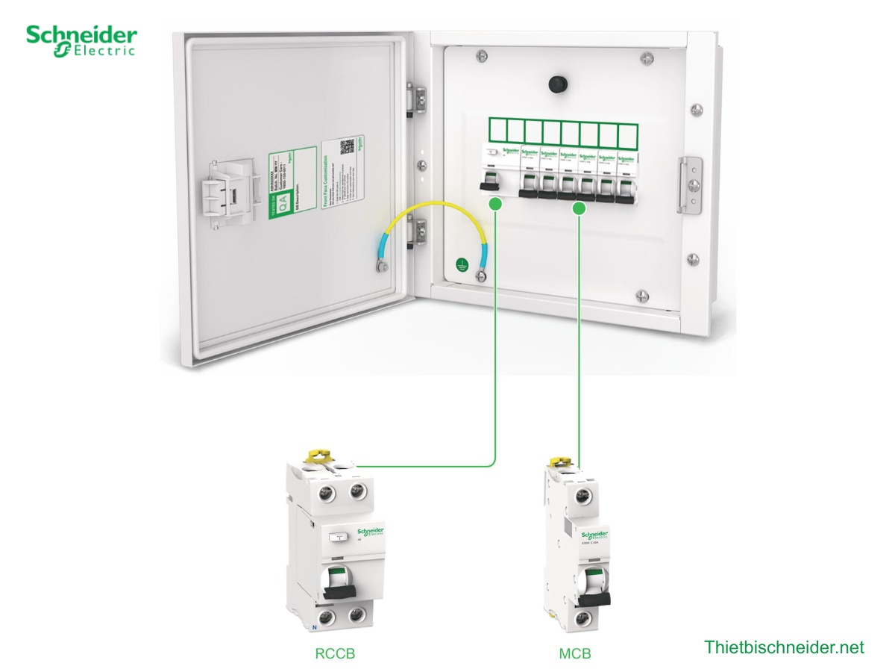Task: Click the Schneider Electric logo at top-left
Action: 82,40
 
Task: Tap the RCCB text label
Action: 335,654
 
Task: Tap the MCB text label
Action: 575,654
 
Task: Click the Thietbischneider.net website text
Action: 784,647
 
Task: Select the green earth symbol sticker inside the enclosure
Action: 462,264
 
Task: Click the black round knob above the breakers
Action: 556,84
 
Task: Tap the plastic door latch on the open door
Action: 227,193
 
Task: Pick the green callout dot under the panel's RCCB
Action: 495,205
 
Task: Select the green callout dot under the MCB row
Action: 577,210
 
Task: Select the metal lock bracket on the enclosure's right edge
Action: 691,184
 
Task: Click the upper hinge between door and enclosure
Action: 418,100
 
